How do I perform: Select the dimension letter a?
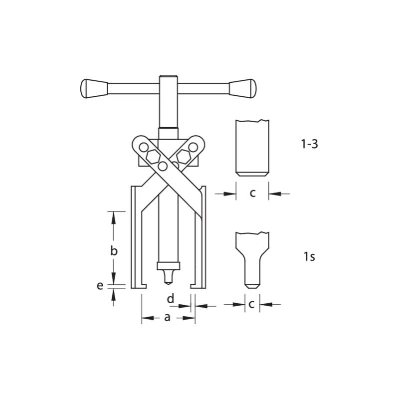coord(167,317)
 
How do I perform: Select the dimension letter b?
coord(114,251)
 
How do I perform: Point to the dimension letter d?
coord(171,298)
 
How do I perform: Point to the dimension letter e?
coord(100,286)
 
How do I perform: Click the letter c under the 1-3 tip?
coord(252,193)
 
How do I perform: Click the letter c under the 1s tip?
coord(252,304)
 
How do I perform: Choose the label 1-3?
coord(309,145)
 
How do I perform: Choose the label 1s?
coord(309,257)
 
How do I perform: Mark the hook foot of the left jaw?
coord(139,286)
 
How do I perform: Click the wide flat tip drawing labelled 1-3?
coord(252,147)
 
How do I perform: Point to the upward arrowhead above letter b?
coord(114,215)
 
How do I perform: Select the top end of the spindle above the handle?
coord(167,77)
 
